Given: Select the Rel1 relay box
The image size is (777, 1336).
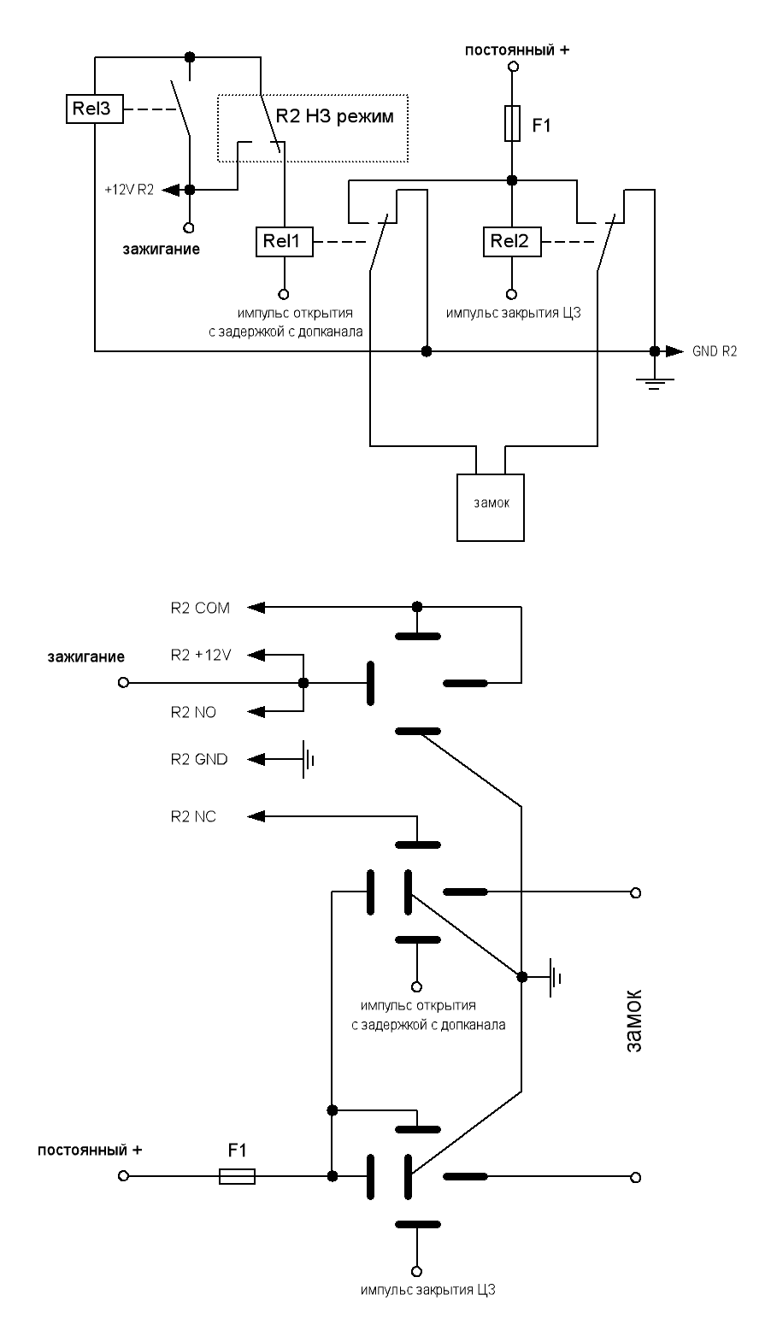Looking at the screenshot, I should [284, 243].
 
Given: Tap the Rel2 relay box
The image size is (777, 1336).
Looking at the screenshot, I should [511, 243].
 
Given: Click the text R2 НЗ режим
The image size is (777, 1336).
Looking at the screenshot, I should [335, 116].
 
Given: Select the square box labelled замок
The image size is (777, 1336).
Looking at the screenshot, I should [492, 505].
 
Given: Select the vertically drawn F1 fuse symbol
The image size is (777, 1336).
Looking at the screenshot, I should [511, 124].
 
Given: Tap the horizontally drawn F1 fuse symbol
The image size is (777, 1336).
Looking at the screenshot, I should [237, 1177].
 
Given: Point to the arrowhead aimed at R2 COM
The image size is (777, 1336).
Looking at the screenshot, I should [256, 608].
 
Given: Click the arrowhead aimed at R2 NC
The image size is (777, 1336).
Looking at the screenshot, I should [256, 816].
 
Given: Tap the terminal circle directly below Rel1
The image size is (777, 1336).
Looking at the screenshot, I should [284, 289].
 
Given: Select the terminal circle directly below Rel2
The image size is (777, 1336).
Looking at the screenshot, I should [511, 289].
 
